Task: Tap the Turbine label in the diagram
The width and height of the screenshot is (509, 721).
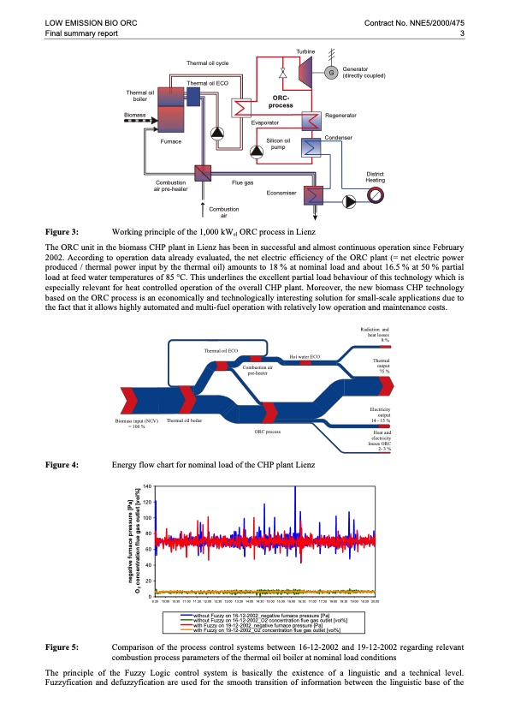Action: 305,52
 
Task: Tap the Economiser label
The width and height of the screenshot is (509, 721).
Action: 282,193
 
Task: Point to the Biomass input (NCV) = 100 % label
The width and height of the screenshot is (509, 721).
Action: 137,423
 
